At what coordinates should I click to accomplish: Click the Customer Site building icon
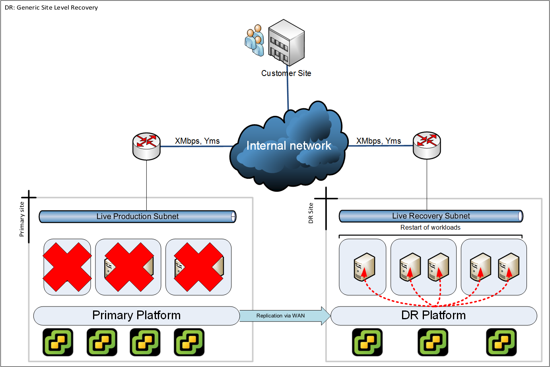tap(286, 43)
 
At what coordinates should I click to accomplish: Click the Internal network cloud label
tap(289, 146)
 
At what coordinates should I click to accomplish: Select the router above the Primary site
tap(146, 146)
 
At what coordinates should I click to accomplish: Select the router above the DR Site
tap(427, 145)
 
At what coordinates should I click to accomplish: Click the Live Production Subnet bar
tap(138, 217)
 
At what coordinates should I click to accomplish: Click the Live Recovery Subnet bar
tap(431, 216)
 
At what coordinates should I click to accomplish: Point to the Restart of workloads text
tap(430, 228)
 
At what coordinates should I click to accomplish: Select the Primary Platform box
tap(136, 316)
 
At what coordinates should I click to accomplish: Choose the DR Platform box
tap(433, 316)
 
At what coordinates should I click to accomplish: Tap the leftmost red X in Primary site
tap(67, 267)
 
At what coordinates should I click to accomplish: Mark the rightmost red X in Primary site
tap(198, 267)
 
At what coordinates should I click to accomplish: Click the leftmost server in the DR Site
tap(364, 267)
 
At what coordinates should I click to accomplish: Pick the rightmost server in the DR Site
tap(509, 267)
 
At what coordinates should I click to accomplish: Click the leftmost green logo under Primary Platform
tap(58, 342)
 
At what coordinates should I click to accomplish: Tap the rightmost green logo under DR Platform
tap(501, 342)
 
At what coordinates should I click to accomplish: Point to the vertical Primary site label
tap(22, 219)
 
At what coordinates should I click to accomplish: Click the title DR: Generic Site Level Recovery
tap(51, 8)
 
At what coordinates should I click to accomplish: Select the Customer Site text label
tap(286, 73)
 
